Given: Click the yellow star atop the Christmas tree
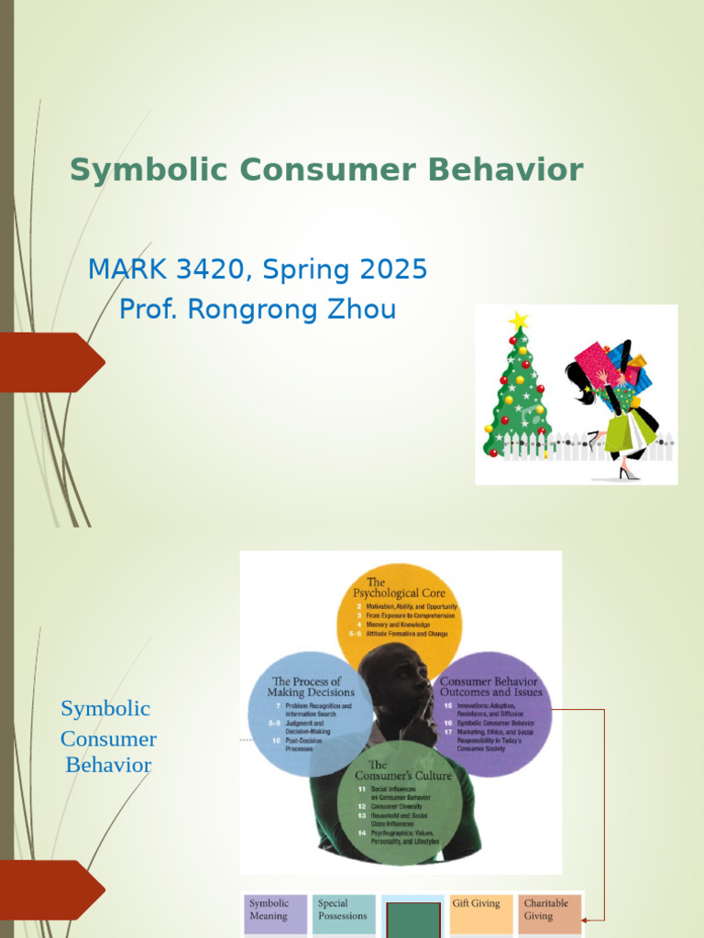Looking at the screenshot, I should pyautogui.click(x=519, y=321).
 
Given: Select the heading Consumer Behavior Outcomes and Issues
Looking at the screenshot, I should pyautogui.click(x=491, y=687).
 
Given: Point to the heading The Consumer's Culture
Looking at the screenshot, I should pyautogui.click(x=396, y=770).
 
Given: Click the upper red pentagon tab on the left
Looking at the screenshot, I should pyautogui.click(x=50, y=362).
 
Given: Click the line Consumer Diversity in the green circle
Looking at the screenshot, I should pyautogui.click(x=398, y=806).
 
